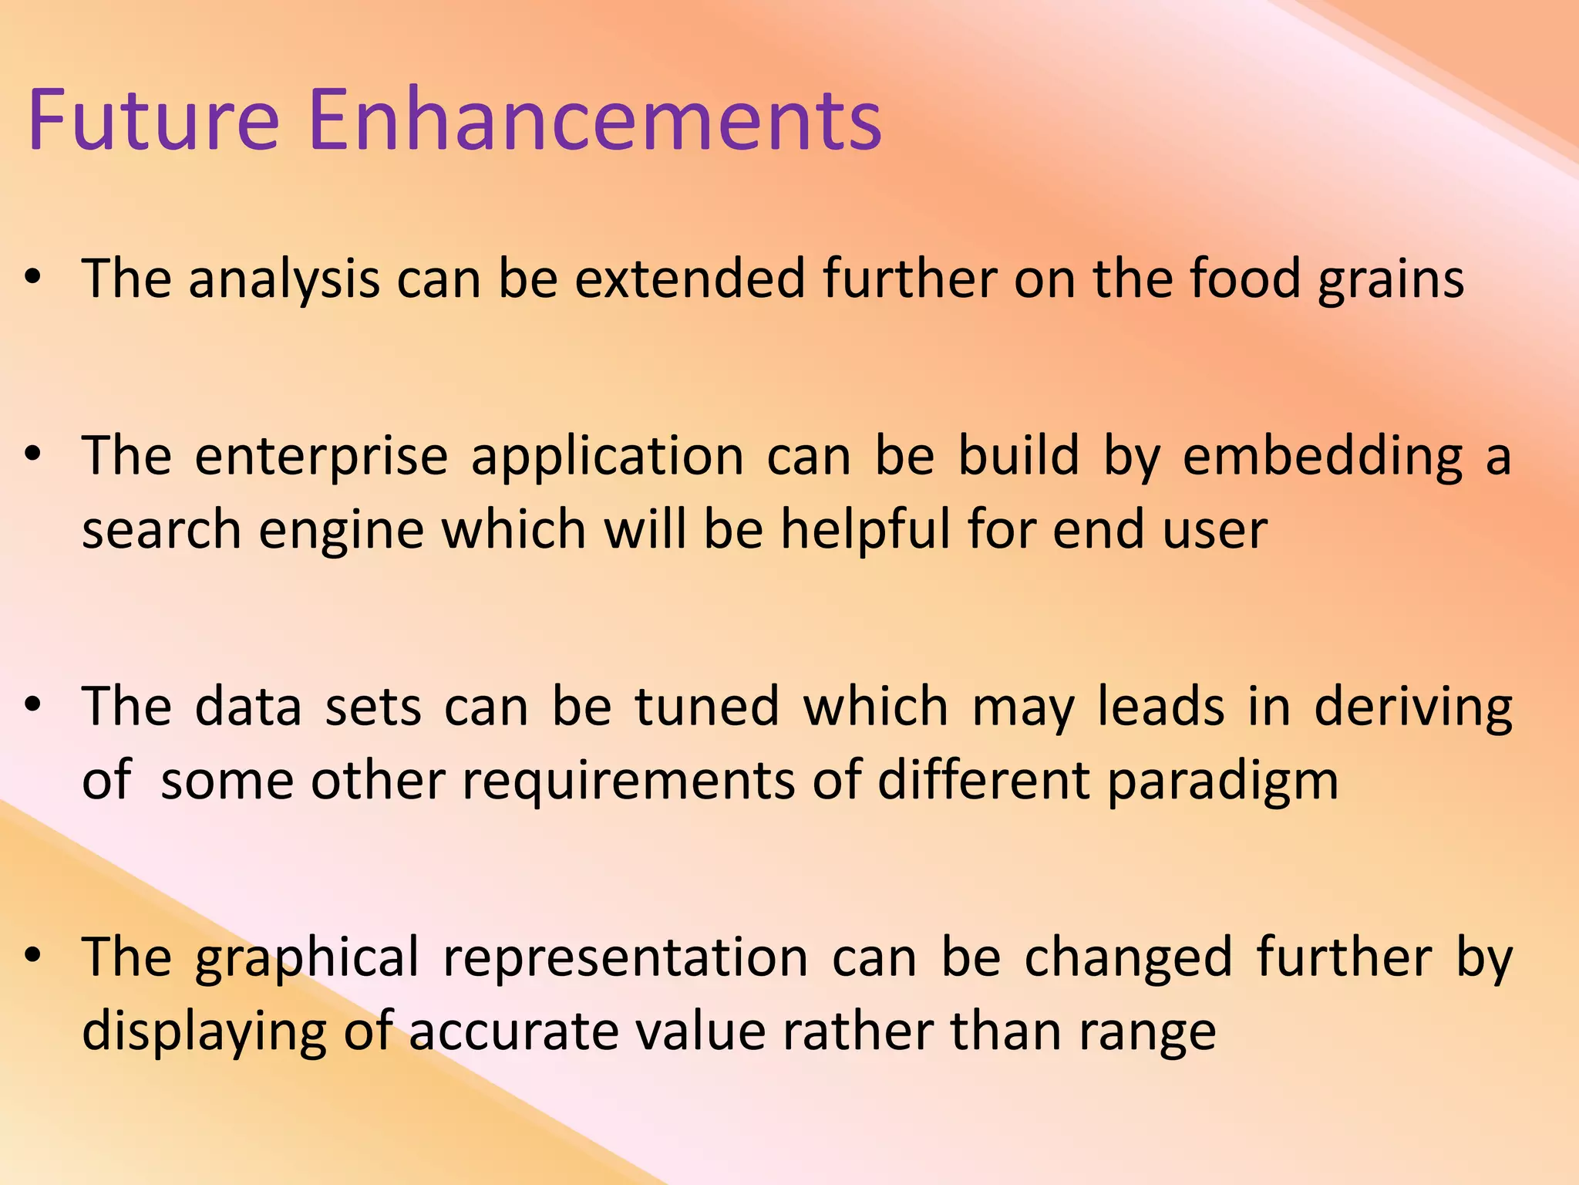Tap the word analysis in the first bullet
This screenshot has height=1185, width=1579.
pos(284,279)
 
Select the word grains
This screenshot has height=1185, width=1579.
pos(1391,280)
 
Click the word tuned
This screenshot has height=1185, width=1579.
pos(707,707)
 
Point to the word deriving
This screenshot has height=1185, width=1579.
pos(1412,708)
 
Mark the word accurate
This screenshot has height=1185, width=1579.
pos(513,1031)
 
